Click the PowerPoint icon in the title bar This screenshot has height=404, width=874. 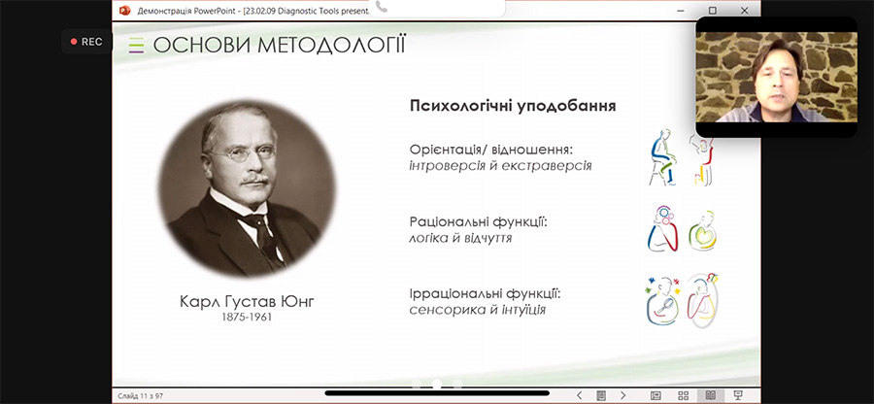[125, 10]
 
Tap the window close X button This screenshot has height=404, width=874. [744, 10]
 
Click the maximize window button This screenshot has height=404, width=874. [713, 10]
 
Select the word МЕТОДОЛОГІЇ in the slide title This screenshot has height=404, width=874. [332, 45]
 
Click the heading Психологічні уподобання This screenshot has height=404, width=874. [513, 106]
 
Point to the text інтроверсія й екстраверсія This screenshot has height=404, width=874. [500, 166]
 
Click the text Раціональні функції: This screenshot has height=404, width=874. [479, 222]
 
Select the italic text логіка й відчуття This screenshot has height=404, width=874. [460, 238]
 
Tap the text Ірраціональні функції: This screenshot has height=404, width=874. [485, 293]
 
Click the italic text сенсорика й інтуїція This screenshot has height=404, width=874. [477, 309]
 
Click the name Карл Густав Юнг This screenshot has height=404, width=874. [247, 302]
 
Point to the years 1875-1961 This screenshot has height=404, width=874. [247, 318]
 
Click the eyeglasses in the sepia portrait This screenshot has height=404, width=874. [243, 153]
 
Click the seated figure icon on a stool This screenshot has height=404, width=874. [664, 157]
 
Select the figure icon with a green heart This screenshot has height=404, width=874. [702, 231]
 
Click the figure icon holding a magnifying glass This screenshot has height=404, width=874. [663, 300]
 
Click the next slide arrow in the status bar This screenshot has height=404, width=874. [623, 395]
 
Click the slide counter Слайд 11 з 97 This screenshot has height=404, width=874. [140, 396]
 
